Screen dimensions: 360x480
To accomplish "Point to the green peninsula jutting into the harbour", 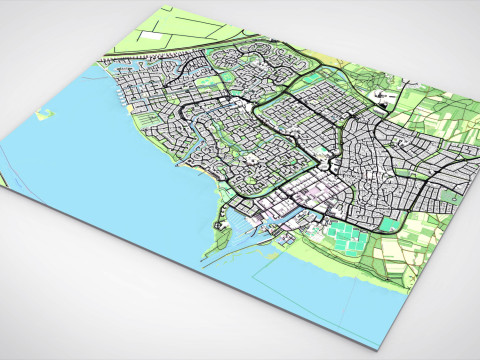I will tap(218, 240).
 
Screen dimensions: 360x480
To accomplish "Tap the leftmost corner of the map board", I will tap(3, 190).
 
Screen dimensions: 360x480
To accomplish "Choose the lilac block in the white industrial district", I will tap(318, 190).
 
